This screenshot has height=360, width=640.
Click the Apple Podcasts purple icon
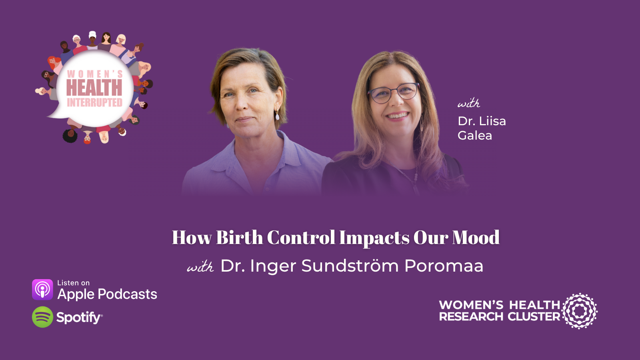click(x=42, y=290)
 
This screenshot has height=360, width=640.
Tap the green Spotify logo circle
click(x=42, y=317)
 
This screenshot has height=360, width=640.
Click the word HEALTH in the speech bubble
click(x=94, y=88)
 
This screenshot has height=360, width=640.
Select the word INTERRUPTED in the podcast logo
click(x=94, y=103)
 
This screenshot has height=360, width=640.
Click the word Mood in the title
click(x=476, y=238)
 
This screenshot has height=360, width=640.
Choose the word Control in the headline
click(x=301, y=238)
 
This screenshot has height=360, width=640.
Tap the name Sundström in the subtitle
click(x=350, y=266)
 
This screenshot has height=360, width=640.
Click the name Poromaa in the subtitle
click(x=444, y=266)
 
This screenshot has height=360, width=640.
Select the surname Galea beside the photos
click(x=475, y=136)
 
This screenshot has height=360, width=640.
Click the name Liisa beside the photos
click(x=493, y=121)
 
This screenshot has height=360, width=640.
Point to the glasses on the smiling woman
click(x=394, y=93)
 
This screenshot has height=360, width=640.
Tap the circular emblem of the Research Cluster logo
click(x=580, y=311)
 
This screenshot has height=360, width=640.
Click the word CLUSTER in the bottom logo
click(x=534, y=317)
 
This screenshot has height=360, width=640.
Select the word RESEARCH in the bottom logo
click(x=471, y=317)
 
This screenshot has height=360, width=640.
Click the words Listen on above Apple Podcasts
click(x=73, y=283)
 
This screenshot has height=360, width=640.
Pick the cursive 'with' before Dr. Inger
click(x=200, y=267)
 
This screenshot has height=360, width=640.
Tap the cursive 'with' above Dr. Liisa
click(x=468, y=103)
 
